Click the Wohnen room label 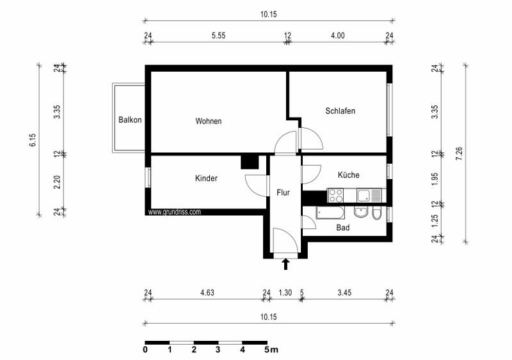point(209,121)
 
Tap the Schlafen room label point(340,111)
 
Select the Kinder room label point(206,178)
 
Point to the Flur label point(283,192)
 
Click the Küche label point(348,175)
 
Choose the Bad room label point(342,227)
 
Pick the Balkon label point(130,120)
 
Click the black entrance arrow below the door point(285,263)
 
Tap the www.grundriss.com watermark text point(175,212)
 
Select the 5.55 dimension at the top point(218,36)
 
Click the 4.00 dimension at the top point(337,36)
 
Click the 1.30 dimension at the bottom point(285,293)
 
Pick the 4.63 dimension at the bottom point(207,293)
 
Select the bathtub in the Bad point(330,212)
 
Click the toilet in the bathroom point(377,213)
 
